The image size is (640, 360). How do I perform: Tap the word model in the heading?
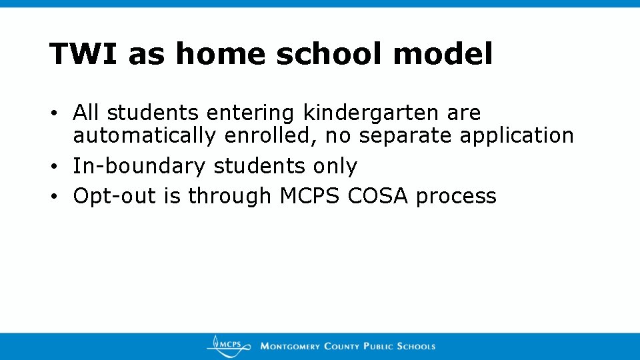[443, 54]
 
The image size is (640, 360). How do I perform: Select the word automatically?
[144, 136]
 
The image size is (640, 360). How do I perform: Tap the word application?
[517, 136]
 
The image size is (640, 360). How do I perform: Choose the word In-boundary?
[139, 166]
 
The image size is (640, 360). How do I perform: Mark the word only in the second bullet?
[335, 166]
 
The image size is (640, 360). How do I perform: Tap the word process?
[456, 196]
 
